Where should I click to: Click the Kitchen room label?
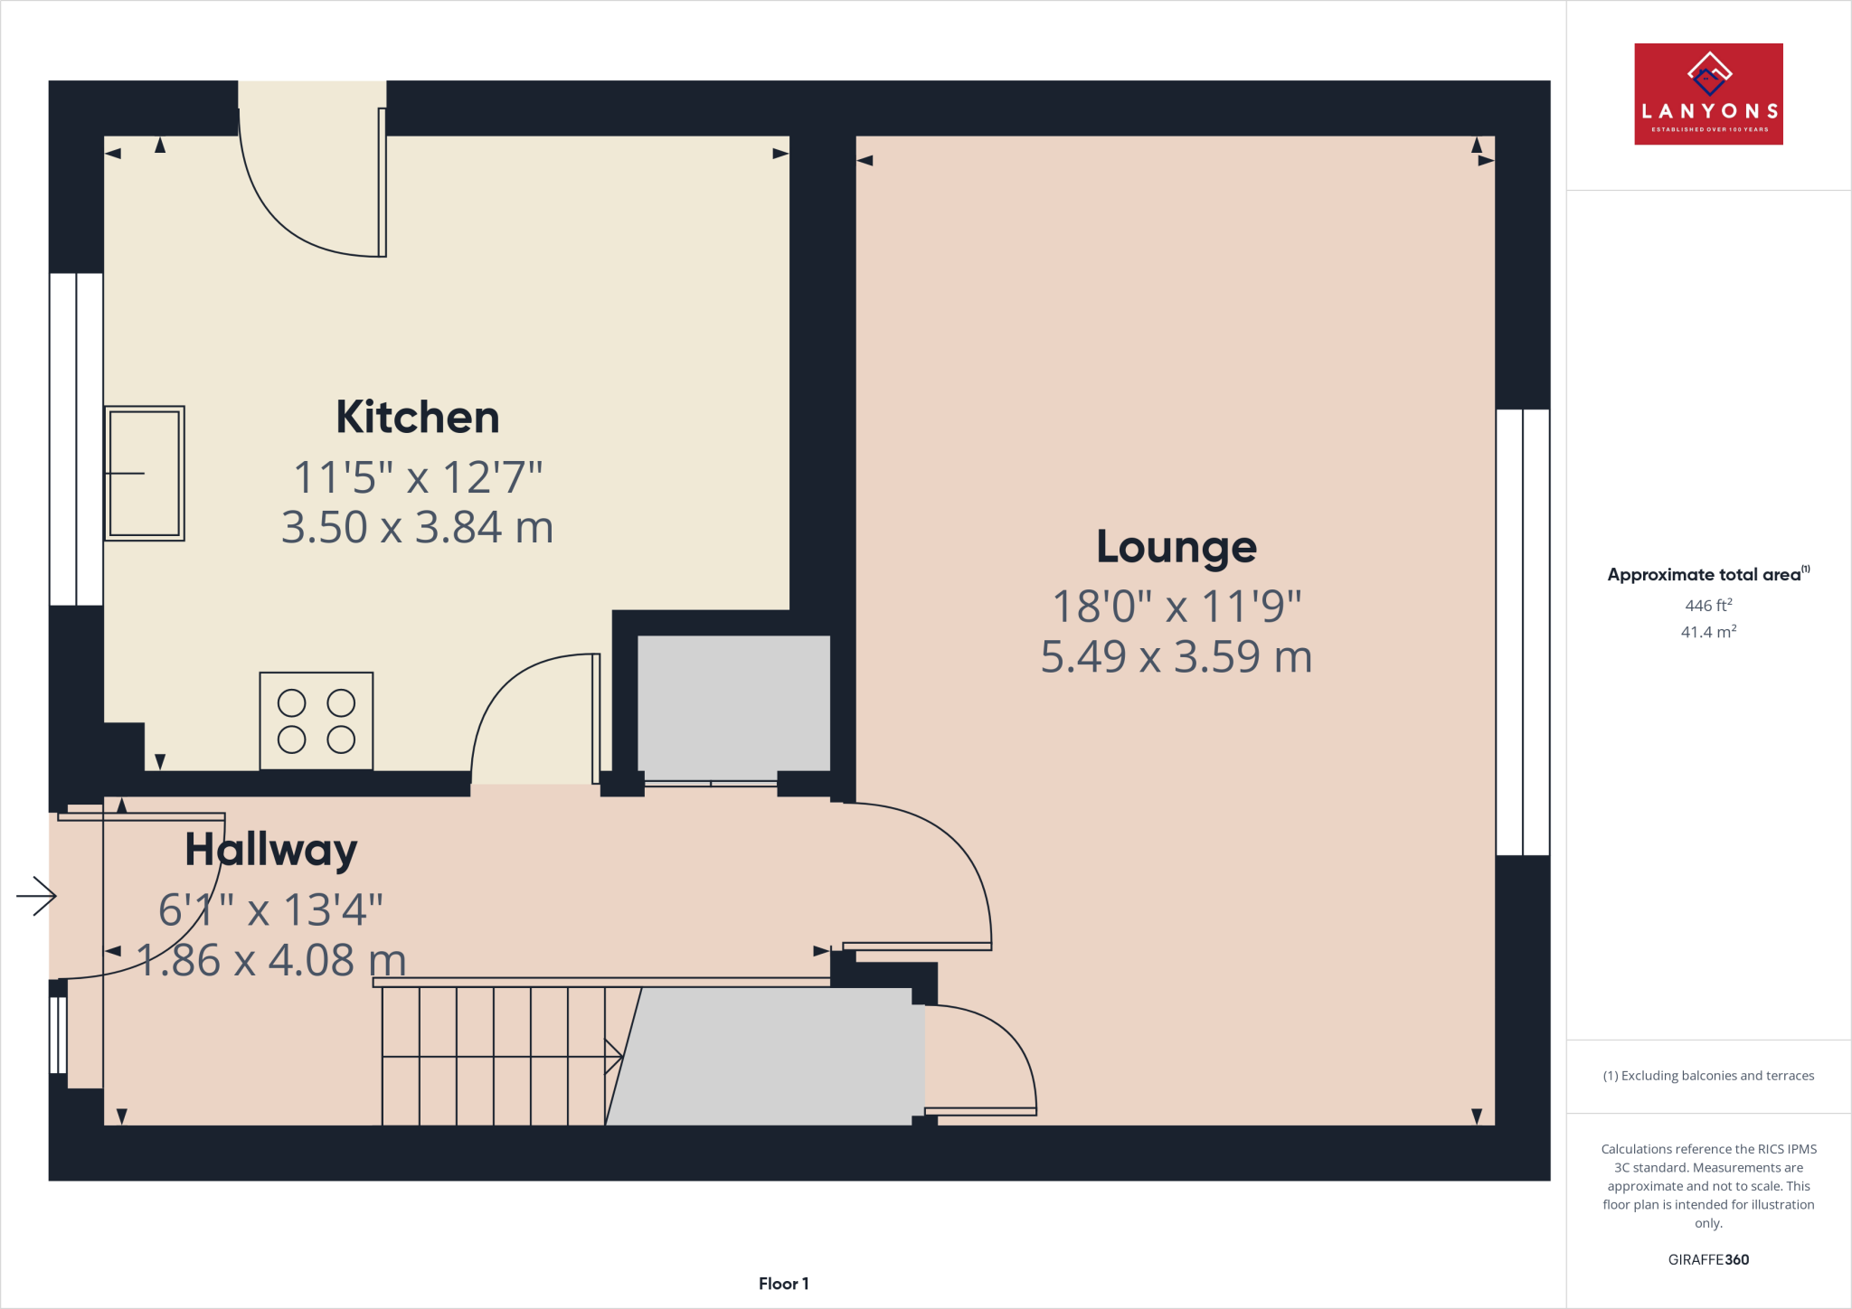click(x=417, y=418)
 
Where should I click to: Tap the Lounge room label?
click(x=1176, y=547)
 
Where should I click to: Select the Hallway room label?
click(x=270, y=850)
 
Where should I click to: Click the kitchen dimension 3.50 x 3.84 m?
click(x=417, y=528)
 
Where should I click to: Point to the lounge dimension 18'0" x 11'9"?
click(x=1176, y=607)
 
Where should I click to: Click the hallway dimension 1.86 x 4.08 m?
click(x=270, y=960)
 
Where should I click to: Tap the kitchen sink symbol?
click(x=145, y=473)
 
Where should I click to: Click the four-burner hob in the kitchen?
click(x=316, y=721)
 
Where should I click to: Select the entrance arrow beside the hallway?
click(x=36, y=896)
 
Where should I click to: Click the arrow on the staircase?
click(x=613, y=1056)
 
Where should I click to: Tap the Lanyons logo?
click(x=1707, y=94)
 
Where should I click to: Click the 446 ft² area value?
click(x=1707, y=606)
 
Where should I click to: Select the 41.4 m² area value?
click(x=1707, y=632)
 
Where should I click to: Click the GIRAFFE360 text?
click(x=1707, y=1259)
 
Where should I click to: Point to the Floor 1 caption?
click(x=783, y=1284)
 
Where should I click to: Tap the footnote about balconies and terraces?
click(x=1707, y=1076)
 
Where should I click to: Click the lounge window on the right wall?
click(x=1523, y=632)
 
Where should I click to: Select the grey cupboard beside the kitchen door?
click(x=733, y=703)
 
